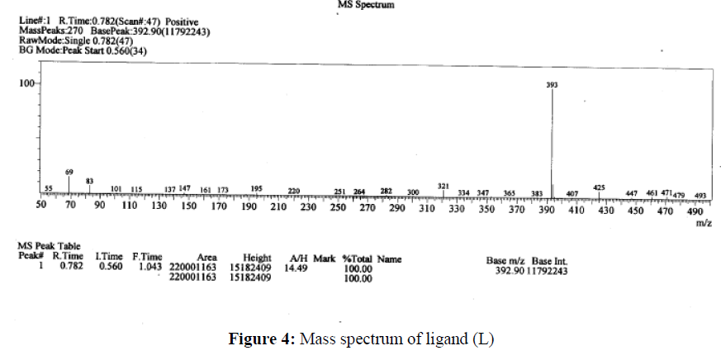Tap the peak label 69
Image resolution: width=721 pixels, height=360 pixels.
(69, 172)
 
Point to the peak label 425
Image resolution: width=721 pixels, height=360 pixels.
(600, 187)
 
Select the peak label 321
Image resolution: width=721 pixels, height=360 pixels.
(443, 187)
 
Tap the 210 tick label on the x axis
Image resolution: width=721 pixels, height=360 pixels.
(278, 208)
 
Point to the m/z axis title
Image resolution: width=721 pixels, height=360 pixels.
(704, 223)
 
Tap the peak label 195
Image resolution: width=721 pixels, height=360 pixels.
(256, 189)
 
